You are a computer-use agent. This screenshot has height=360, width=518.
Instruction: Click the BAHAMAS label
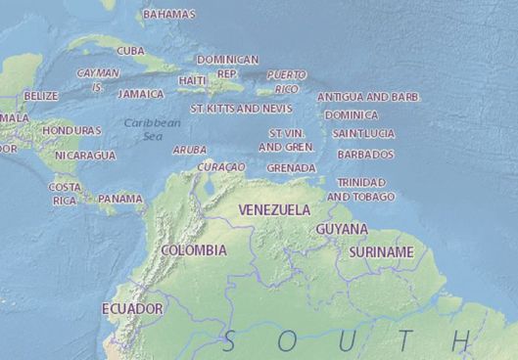pos(168,15)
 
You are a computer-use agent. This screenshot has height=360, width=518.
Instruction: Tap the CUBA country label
pos(130,51)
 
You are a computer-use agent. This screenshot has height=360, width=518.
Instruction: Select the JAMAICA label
pos(140,94)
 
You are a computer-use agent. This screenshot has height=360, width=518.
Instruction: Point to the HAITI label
pos(193,80)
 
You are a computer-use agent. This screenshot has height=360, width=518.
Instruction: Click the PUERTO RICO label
pos(286,80)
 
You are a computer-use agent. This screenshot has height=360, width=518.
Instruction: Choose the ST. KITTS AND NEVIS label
pos(241,108)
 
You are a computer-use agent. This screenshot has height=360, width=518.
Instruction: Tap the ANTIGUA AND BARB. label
pos(367,97)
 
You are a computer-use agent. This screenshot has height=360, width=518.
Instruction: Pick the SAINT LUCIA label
pos(363,133)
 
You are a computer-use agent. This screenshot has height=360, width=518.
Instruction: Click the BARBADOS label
pos(365,155)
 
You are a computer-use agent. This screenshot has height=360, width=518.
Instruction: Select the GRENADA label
pos(291,167)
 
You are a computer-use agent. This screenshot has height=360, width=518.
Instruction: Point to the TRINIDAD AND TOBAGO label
pos(360,189)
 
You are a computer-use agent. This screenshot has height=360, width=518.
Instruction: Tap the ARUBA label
pos(189,150)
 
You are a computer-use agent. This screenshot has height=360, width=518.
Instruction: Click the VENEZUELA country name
pos(274,209)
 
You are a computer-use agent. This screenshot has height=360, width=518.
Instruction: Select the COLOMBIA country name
pos(193,250)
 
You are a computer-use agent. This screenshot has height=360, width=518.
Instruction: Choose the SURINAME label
pos(381,251)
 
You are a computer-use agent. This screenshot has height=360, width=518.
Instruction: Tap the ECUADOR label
pos(132,308)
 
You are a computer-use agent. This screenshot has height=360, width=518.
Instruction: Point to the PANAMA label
pos(120,199)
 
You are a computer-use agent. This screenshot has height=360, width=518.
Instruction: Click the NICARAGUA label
pos(85,156)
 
